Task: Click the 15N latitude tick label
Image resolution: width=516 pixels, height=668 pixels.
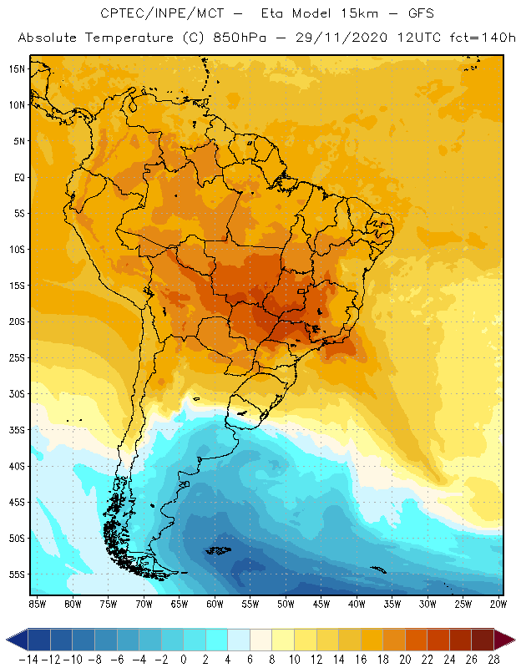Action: (x=18, y=68)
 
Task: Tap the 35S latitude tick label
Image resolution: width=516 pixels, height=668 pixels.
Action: (x=18, y=430)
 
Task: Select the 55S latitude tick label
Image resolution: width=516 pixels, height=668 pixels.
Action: (x=18, y=574)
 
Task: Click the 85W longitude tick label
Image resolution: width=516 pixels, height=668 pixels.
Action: (x=37, y=603)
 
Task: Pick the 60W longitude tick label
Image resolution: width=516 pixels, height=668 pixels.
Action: (x=215, y=603)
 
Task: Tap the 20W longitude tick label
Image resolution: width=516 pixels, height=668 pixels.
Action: (x=498, y=603)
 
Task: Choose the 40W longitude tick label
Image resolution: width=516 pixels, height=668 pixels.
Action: (x=357, y=603)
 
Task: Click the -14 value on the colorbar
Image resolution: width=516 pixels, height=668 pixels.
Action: (x=28, y=659)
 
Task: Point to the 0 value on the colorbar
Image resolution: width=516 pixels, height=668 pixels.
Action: (x=184, y=659)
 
